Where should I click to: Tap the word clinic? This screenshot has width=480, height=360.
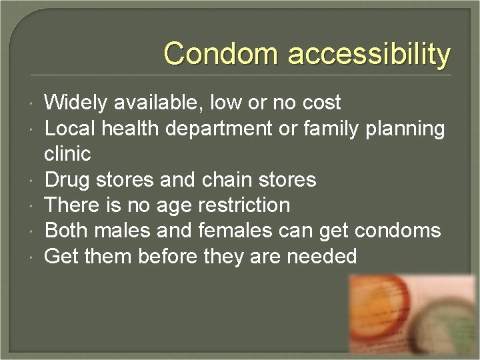[67, 154]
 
